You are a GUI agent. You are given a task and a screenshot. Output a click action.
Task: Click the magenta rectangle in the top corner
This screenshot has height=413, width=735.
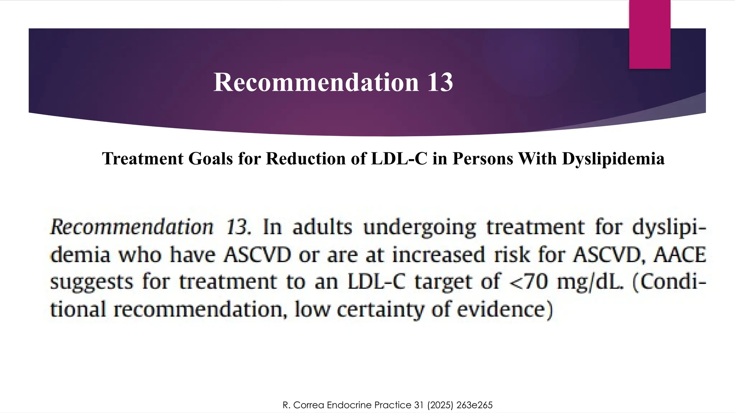pyautogui.click(x=650, y=34)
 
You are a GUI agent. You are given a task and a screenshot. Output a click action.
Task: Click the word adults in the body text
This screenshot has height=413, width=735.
pyautogui.click(x=322, y=227)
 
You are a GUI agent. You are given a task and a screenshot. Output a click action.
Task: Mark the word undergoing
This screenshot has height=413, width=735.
pyautogui.click(x=420, y=228)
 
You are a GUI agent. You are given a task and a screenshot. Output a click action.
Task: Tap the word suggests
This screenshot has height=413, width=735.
pyautogui.click(x=91, y=282)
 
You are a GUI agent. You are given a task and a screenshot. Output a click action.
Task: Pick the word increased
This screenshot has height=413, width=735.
pyautogui.click(x=439, y=255)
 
